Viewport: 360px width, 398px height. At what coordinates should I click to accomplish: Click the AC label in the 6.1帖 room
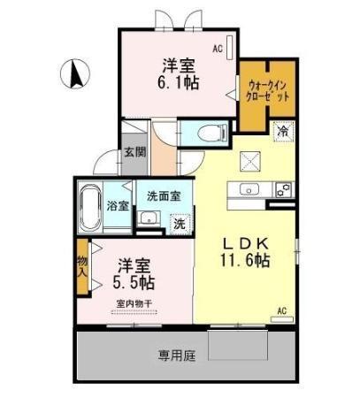point(217,51)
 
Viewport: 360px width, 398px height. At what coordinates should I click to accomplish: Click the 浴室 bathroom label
point(118,206)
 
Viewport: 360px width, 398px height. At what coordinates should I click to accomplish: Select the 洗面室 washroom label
point(163,195)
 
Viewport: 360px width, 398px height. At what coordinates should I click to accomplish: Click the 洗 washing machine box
point(180,223)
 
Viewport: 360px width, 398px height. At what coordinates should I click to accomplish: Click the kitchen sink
point(247,188)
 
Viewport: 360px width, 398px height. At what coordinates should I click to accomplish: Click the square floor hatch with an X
point(251,159)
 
